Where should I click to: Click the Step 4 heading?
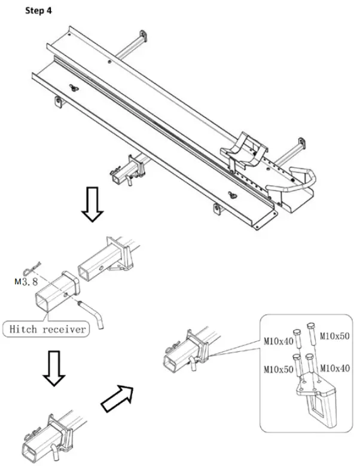38,11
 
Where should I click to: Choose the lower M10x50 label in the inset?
277,370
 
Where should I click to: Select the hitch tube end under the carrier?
121,173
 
